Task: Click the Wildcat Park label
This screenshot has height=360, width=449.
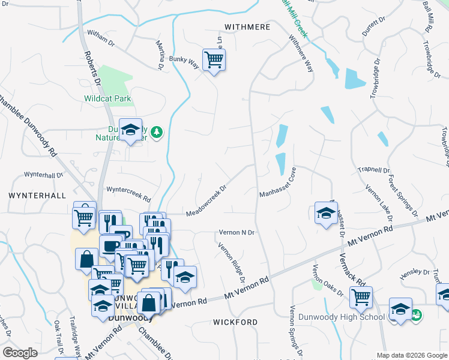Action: click(x=107, y=98)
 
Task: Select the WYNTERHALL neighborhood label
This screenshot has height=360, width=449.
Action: click(x=37, y=196)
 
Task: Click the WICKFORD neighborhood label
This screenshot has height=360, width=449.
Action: click(x=235, y=322)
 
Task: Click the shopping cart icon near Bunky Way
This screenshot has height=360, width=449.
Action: click(x=214, y=60)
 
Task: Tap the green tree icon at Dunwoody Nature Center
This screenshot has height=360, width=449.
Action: click(x=157, y=131)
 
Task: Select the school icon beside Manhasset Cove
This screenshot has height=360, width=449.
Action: click(x=326, y=213)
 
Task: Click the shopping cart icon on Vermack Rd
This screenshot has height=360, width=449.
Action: click(x=361, y=296)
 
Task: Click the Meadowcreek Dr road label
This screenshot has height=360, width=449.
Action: click(x=206, y=201)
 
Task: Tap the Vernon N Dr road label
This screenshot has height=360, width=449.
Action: click(x=237, y=232)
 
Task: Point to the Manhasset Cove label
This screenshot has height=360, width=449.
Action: click(x=278, y=184)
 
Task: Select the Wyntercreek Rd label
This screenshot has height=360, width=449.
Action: click(x=128, y=193)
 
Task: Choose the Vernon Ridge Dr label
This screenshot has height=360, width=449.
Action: click(x=232, y=262)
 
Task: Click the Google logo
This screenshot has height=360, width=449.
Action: click(x=20, y=352)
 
